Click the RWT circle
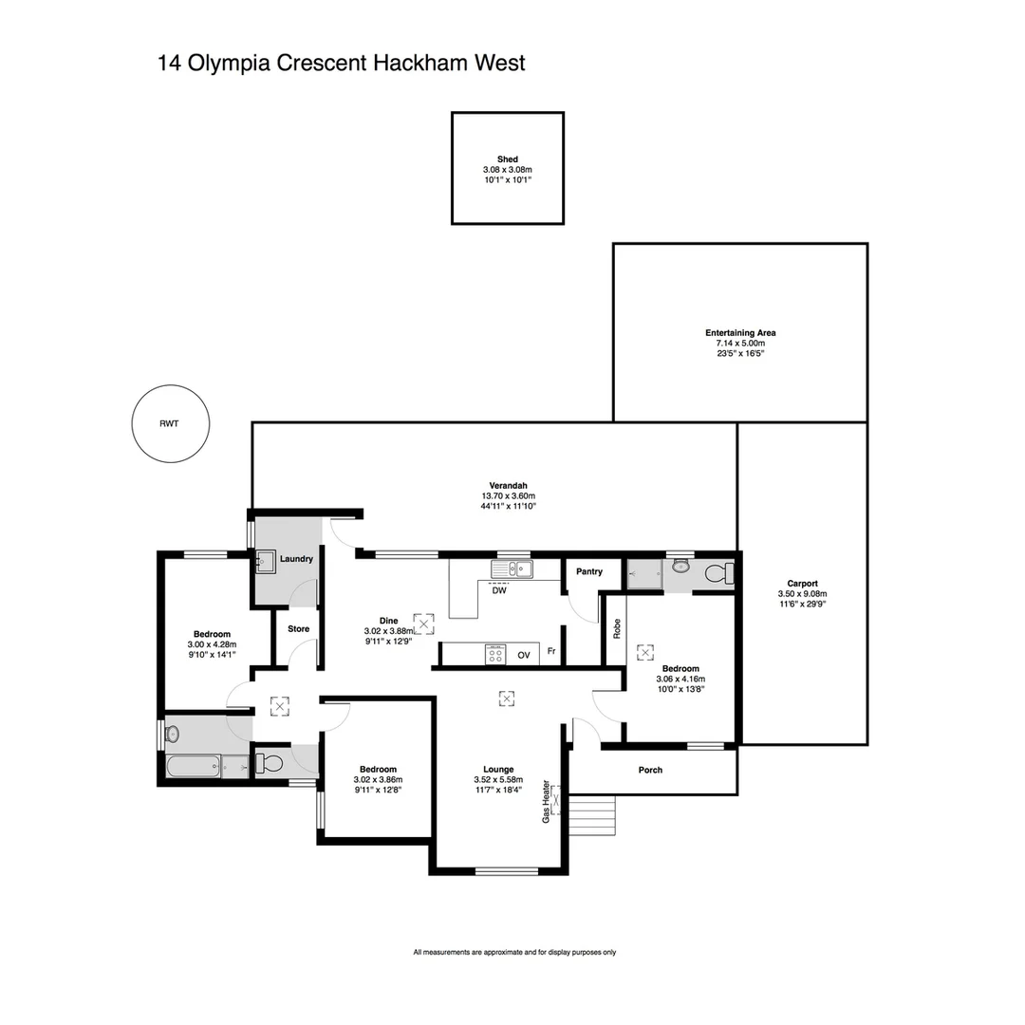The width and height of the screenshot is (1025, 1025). [x=169, y=424]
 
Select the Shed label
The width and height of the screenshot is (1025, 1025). [x=507, y=159]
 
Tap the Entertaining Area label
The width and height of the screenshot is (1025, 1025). [x=740, y=333]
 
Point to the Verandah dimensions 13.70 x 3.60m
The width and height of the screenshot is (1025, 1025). [x=508, y=495]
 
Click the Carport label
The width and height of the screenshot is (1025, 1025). [x=802, y=584]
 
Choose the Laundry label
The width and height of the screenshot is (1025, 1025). [x=296, y=559]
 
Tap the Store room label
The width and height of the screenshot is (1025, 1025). [x=298, y=628]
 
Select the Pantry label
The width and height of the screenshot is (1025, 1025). [x=589, y=571]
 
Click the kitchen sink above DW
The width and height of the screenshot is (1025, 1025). [x=512, y=569]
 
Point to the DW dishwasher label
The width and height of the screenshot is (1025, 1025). [x=499, y=590]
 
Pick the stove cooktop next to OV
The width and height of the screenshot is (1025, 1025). [x=495, y=654]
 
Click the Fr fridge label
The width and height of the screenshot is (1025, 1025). [x=551, y=654]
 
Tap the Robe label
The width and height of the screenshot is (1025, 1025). [x=616, y=629]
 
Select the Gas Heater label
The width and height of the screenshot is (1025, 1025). [x=546, y=801]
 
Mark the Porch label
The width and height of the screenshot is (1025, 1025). [x=650, y=770]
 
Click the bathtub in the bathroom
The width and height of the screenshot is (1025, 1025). [x=195, y=765]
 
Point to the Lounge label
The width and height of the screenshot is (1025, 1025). [x=498, y=770]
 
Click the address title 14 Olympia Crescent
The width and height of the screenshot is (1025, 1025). [x=341, y=64]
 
